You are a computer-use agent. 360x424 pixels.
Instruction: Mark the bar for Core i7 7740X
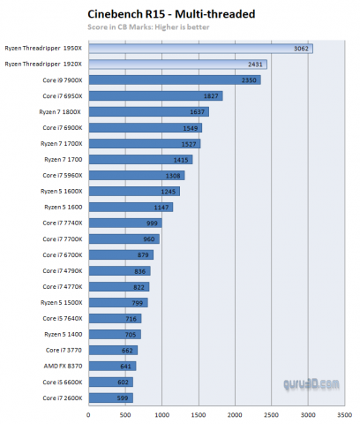click(124, 223)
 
